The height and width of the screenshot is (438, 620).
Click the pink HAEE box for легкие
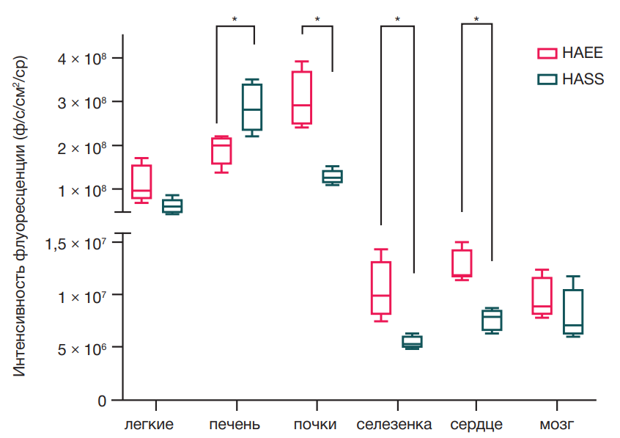(141, 181)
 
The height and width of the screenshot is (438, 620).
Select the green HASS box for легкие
(172, 205)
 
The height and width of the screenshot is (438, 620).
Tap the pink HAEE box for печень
(221, 150)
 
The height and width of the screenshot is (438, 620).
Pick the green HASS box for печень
(252, 107)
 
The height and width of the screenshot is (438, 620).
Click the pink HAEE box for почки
(301, 98)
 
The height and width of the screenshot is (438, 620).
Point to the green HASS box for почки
(332, 176)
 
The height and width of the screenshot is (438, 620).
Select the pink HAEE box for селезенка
(381, 288)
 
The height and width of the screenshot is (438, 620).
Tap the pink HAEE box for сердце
(462, 263)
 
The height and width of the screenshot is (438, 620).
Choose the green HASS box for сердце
(492, 320)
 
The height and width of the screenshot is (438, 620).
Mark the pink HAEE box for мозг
(542, 296)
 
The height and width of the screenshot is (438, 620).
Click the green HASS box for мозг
(573, 312)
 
